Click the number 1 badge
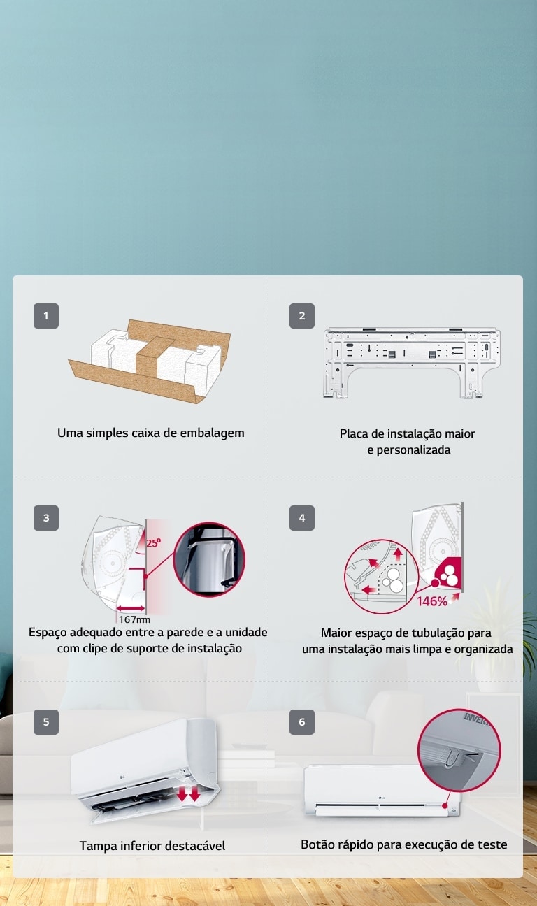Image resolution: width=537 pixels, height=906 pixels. pyautogui.click(x=46, y=316)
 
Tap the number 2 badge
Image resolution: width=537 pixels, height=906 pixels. pyautogui.click(x=302, y=316)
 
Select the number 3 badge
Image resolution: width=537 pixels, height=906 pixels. pyautogui.click(x=46, y=518)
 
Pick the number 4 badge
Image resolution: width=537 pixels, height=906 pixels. pyautogui.click(x=302, y=518)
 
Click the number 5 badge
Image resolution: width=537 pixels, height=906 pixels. pyautogui.click(x=46, y=722)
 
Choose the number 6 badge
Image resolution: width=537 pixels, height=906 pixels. pyautogui.click(x=302, y=722)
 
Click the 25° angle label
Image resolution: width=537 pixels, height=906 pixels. pyautogui.click(x=153, y=542)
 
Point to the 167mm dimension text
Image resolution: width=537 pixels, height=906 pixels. pyautogui.click(x=134, y=619)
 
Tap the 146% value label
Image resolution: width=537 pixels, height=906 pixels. pyautogui.click(x=432, y=602)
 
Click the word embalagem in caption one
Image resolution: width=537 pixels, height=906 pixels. pyautogui.click(x=213, y=433)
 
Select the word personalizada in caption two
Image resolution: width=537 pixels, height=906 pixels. pyautogui.click(x=409, y=450)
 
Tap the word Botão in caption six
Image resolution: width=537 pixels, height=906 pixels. pyautogui.click(x=317, y=844)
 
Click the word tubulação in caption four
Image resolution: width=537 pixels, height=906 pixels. pyautogui.click(x=435, y=633)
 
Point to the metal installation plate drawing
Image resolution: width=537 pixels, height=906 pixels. pyautogui.click(x=412, y=361)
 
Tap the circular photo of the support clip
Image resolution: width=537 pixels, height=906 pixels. pyautogui.click(x=209, y=559)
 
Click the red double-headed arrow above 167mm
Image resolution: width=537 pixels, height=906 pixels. pyautogui.click(x=130, y=607)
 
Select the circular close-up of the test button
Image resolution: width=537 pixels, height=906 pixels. pyautogui.click(x=459, y=750)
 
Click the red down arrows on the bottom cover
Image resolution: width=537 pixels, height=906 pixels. pyautogui.click(x=189, y=795)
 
